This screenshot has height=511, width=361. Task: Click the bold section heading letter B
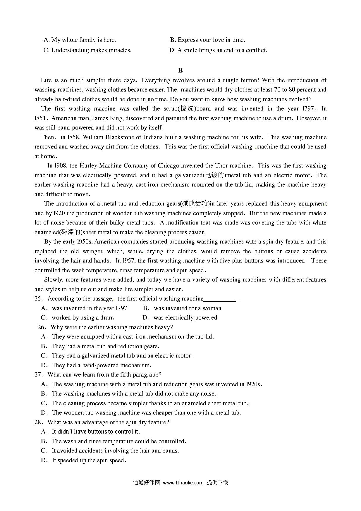(x=180, y=70)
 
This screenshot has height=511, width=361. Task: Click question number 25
(x=39, y=299)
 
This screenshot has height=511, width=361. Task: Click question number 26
(x=42, y=327)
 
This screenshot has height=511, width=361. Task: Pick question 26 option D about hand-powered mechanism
(x=102, y=365)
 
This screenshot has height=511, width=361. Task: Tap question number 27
(x=39, y=375)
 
